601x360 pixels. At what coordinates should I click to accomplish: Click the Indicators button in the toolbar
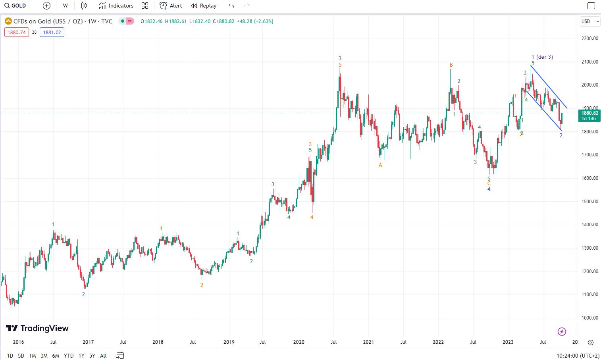(x=116, y=6)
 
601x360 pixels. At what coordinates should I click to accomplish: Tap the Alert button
(x=171, y=6)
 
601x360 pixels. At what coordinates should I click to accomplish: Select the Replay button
(x=204, y=6)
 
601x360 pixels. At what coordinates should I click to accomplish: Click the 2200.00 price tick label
(x=589, y=39)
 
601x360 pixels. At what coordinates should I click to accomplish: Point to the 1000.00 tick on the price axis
(x=589, y=318)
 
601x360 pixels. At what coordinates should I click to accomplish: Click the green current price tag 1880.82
(x=589, y=116)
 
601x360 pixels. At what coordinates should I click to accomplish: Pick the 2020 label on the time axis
(x=299, y=342)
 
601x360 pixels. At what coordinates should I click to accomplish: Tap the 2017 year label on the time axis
(x=88, y=342)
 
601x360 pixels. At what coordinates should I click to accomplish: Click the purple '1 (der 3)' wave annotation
(x=542, y=57)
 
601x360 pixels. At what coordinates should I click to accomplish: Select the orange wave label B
(x=451, y=65)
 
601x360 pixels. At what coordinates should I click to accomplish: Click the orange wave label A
(x=380, y=165)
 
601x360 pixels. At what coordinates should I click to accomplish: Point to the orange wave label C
(x=489, y=184)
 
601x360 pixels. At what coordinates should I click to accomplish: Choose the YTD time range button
(x=68, y=356)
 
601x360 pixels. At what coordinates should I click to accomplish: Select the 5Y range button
(x=92, y=356)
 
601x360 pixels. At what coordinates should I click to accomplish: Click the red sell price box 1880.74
(x=17, y=33)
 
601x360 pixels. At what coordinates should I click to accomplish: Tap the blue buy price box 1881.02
(x=52, y=33)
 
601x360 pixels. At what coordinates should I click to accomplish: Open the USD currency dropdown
(x=589, y=21)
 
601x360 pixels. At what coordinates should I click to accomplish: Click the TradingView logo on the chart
(x=37, y=328)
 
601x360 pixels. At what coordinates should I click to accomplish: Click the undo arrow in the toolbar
(x=231, y=6)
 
